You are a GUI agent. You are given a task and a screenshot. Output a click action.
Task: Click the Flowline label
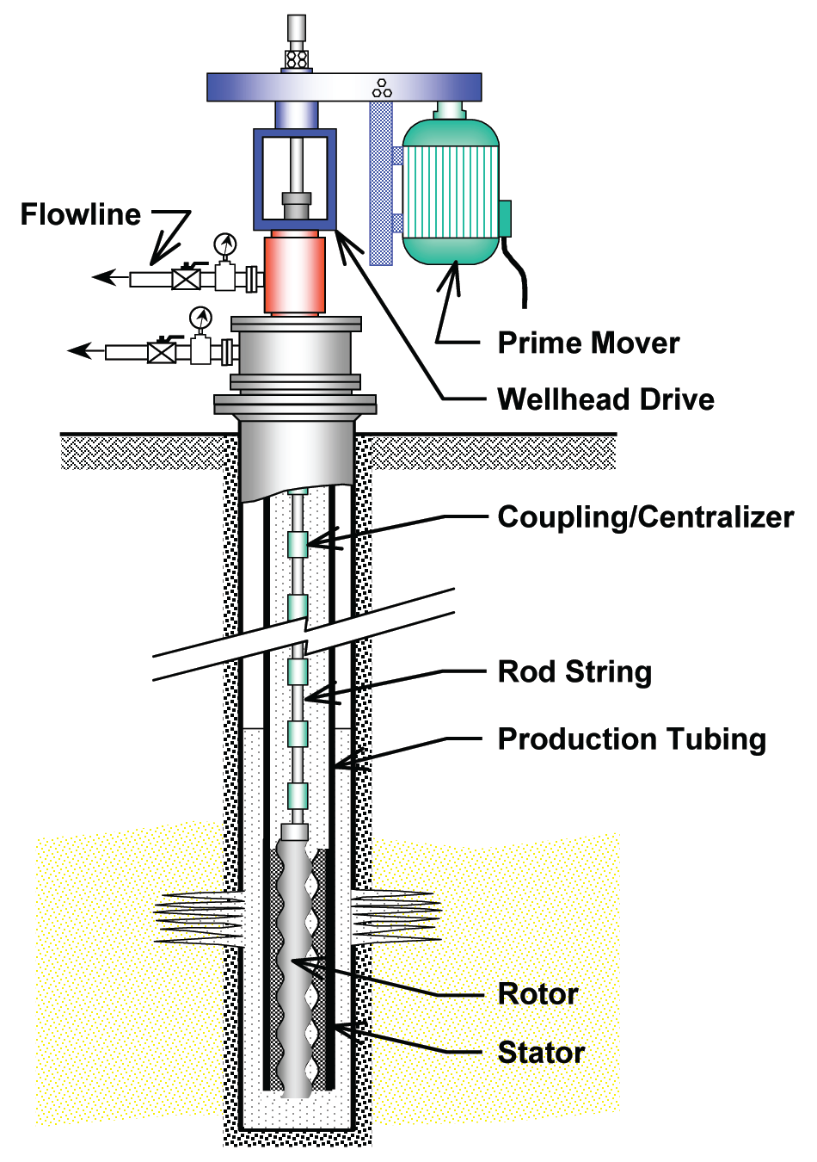point(80,214)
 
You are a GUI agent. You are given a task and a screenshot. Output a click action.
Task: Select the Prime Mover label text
point(588,343)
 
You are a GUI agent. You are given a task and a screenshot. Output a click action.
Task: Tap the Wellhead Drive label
point(605,399)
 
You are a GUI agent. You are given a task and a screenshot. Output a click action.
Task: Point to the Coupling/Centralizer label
point(645,516)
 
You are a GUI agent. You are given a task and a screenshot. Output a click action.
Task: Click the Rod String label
point(574,671)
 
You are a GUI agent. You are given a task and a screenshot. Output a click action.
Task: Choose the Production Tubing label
point(631,739)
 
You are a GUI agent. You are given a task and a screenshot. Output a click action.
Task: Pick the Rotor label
point(537,993)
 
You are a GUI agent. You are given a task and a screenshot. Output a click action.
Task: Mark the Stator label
point(541,1052)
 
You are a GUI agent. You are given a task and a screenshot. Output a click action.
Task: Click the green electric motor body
point(451,192)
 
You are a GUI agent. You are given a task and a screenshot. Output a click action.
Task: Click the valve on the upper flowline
point(186,279)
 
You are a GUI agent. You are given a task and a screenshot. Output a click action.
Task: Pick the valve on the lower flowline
point(162,352)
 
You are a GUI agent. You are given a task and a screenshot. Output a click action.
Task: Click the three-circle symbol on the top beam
point(382,88)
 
